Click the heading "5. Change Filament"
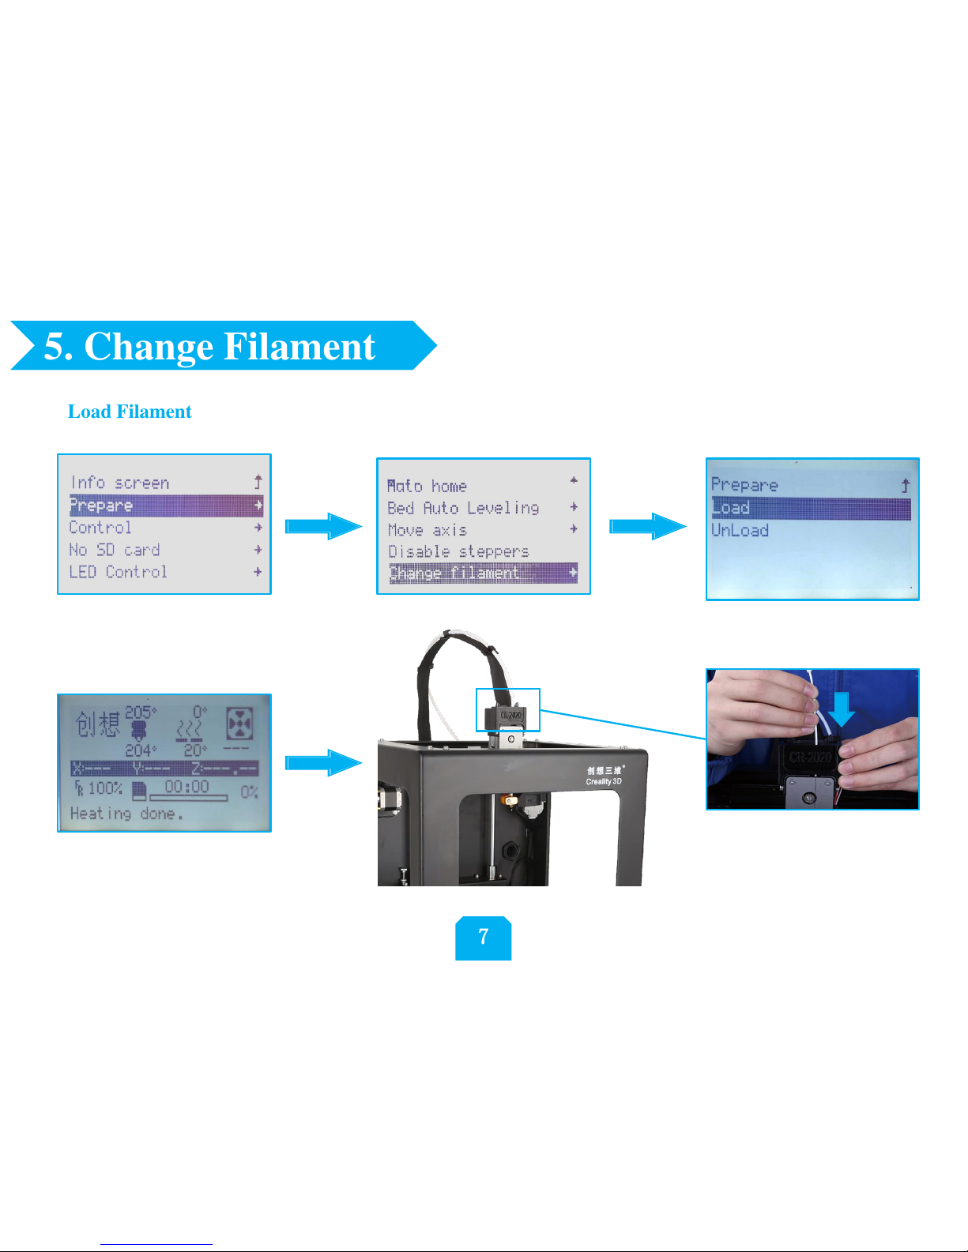209,346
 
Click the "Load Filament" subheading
130,412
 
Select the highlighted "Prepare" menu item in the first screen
101,506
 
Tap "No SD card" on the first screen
115,550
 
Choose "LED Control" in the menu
118,572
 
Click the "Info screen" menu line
119,483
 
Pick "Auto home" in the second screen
428,486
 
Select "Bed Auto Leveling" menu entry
463,508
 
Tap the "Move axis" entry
428,530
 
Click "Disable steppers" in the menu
458,551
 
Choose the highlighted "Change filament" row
455,573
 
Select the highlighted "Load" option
731,508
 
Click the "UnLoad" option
740,530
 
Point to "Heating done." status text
126,814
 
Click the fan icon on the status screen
239,723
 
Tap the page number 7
484,938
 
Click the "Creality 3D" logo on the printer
604,776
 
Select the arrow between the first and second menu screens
323,526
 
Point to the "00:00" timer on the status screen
187,787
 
